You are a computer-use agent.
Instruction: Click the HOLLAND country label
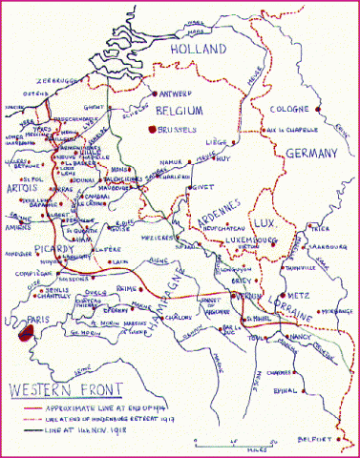click(x=199, y=49)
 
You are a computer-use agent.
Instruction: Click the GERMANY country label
click(x=311, y=154)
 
